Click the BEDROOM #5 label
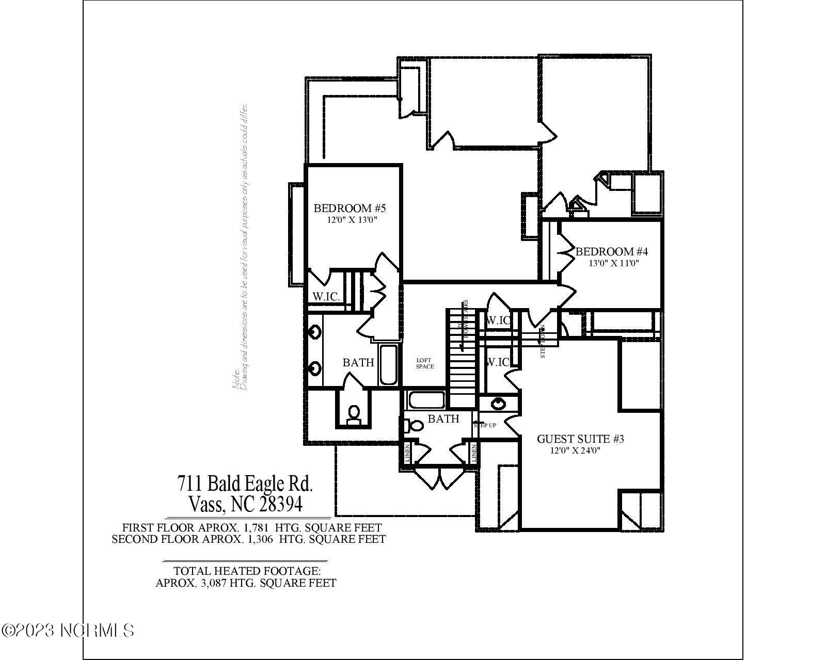[350, 208]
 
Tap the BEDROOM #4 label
[611, 252]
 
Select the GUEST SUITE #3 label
[580, 439]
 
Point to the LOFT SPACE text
[425, 363]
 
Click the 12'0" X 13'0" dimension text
[353, 220]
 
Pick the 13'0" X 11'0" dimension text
[614, 263]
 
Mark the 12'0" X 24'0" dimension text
[575, 450]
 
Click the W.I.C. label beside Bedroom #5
[326, 297]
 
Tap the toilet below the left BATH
[354, 414]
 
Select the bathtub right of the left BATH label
[388, 365]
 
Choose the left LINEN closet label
[407, 453]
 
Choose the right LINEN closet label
[473, 453]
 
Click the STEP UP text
[485, 425]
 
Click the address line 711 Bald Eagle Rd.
[245, 484]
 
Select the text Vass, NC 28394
[245, 504]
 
